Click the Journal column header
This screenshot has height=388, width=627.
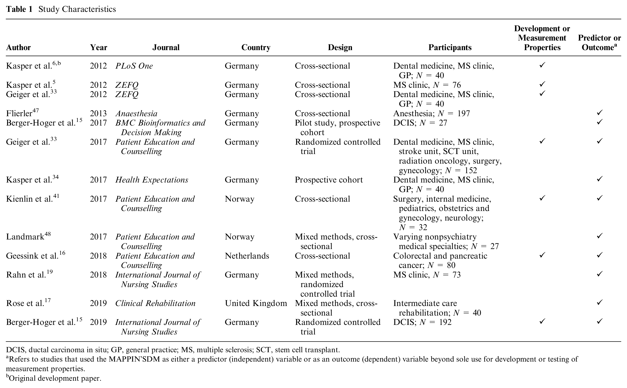coord(166,47)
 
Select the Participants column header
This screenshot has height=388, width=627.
coord(450,47)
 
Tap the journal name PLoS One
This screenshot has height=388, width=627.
coord(134,66)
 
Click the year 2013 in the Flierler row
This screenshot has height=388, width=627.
coord(98,113)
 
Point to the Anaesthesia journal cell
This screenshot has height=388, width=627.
coord(136,113)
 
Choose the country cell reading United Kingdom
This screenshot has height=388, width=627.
coord(256,303)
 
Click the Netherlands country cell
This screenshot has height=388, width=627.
coord(247,256)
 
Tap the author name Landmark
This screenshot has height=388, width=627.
coord(25,236)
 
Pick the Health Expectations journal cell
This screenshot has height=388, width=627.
coord(152,180)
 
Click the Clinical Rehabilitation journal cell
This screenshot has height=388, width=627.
coord(155,303)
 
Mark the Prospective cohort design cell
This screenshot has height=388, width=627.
coord(329,180)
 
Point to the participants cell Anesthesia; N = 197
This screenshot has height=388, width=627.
coord(431,113)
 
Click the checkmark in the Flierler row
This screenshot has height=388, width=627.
coord(599,113)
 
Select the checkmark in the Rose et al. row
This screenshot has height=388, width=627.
coord(599,303)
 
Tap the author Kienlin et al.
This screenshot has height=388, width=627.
coord(29,199)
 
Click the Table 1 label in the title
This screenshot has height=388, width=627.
coord(20,9)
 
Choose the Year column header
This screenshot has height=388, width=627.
coord(99,47)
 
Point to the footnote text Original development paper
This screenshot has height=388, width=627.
coord(55,378)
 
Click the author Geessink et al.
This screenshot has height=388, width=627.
coord(32,256)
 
